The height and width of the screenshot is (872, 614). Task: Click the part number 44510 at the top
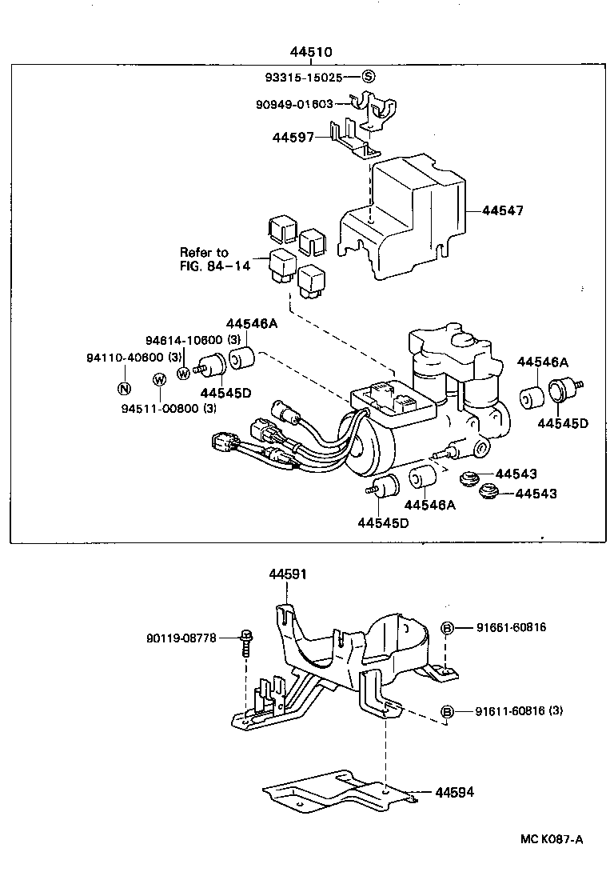tap(311, 52)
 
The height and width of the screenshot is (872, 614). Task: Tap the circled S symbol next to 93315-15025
tap(368, 78)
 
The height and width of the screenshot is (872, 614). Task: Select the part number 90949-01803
tap(300, 104)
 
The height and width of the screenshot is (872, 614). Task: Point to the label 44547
tap(503, 211)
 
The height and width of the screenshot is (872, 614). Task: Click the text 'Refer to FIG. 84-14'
tap(215, 259)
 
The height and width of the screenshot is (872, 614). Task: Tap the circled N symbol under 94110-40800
tap(124, 389)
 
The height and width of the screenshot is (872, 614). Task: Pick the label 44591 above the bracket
tap(288, 574)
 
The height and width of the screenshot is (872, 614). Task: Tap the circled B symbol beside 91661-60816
tap(448, 628)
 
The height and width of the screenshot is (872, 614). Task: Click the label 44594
tap(455, 792)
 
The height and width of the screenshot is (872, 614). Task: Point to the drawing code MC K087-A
tap(552, 839)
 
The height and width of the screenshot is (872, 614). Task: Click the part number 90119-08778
tap(181, 638)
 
